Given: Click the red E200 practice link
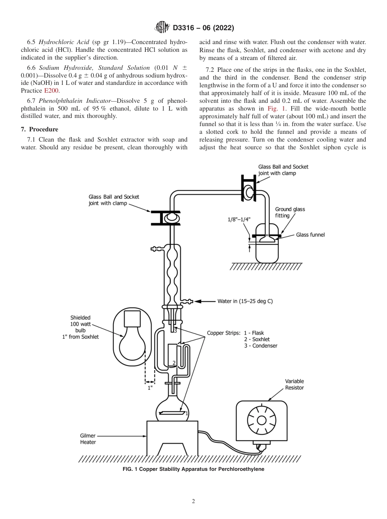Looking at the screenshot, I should coord(51,91).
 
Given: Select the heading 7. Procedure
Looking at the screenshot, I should coord(40,129).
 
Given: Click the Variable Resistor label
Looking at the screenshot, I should coord(295,384).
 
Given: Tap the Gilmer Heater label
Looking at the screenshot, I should coord(88,439).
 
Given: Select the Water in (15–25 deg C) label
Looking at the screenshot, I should coord(245,302).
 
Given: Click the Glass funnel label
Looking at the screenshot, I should coord(310,235).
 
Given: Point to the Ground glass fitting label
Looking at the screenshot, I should coord(290,212).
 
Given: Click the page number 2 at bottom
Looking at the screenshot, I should coord(193,501).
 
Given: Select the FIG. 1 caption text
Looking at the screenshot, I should coord(193,469).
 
